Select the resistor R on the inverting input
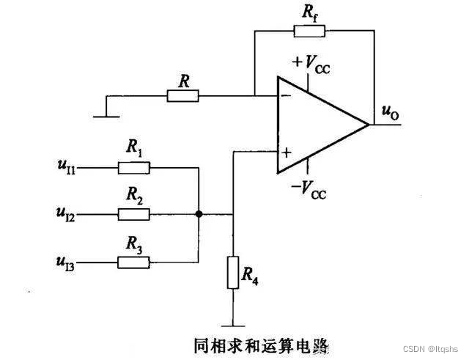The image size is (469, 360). pos(183,95)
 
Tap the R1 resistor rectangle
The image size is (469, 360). pos(134,168)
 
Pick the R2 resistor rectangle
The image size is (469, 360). pos(134,214)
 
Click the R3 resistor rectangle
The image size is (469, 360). pos(134,261)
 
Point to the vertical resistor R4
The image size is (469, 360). pos(232,272)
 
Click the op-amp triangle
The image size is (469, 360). pos(319,125)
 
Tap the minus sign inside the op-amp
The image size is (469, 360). pos(286,95)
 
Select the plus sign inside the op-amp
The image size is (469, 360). pos(286,153)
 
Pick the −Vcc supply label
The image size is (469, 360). pos(308,191)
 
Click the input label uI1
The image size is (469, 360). pos(66,168)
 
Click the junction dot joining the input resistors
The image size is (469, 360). pos(199,214)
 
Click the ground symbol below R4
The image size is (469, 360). pos(232,323)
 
